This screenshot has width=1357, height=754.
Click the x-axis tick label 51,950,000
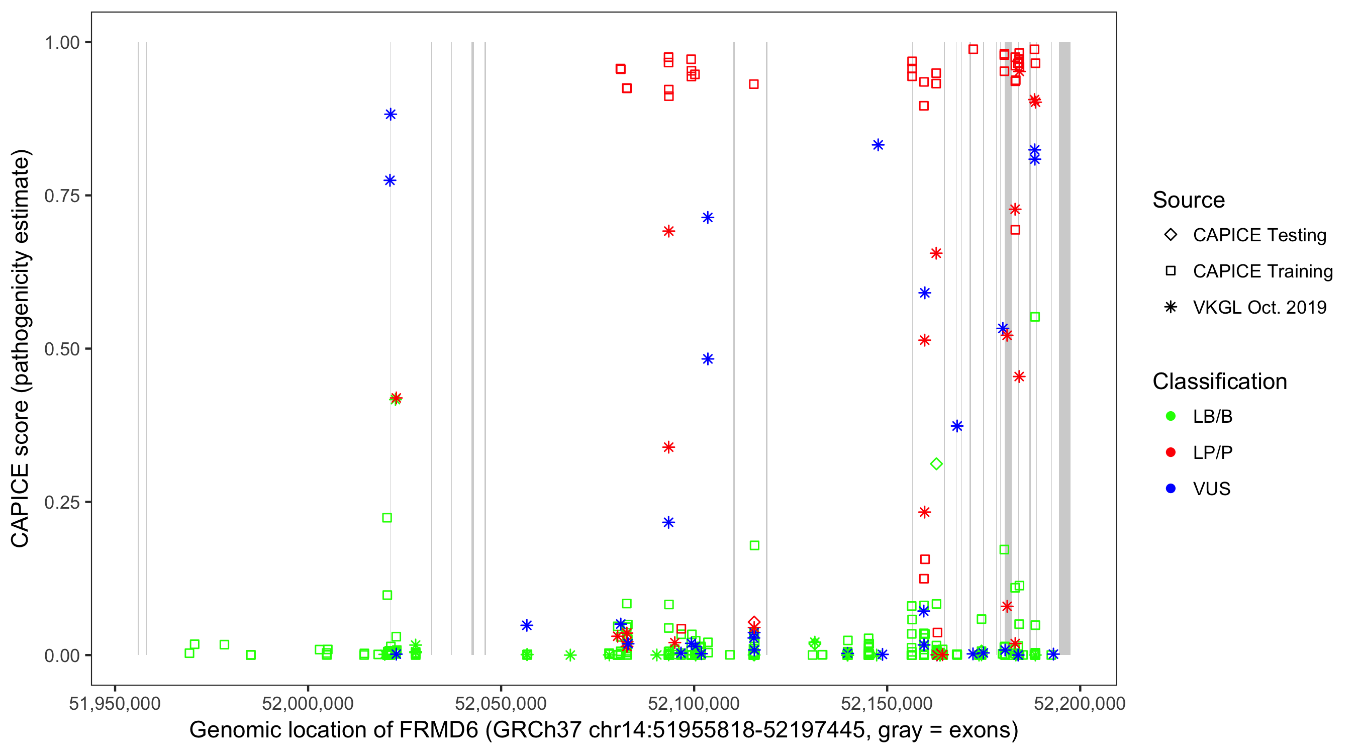114,704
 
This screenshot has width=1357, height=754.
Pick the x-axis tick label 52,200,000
1080,704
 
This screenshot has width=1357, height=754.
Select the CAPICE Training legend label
1263,271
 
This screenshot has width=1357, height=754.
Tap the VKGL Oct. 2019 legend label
1259,308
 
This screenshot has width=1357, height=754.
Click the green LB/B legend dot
1171,417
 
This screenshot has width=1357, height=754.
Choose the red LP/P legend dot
1171,452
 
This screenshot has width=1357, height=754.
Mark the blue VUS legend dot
1171,489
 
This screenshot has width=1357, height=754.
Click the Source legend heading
1189,200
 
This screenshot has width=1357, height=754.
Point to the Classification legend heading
1219,382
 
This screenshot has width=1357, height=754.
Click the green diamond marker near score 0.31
936,464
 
